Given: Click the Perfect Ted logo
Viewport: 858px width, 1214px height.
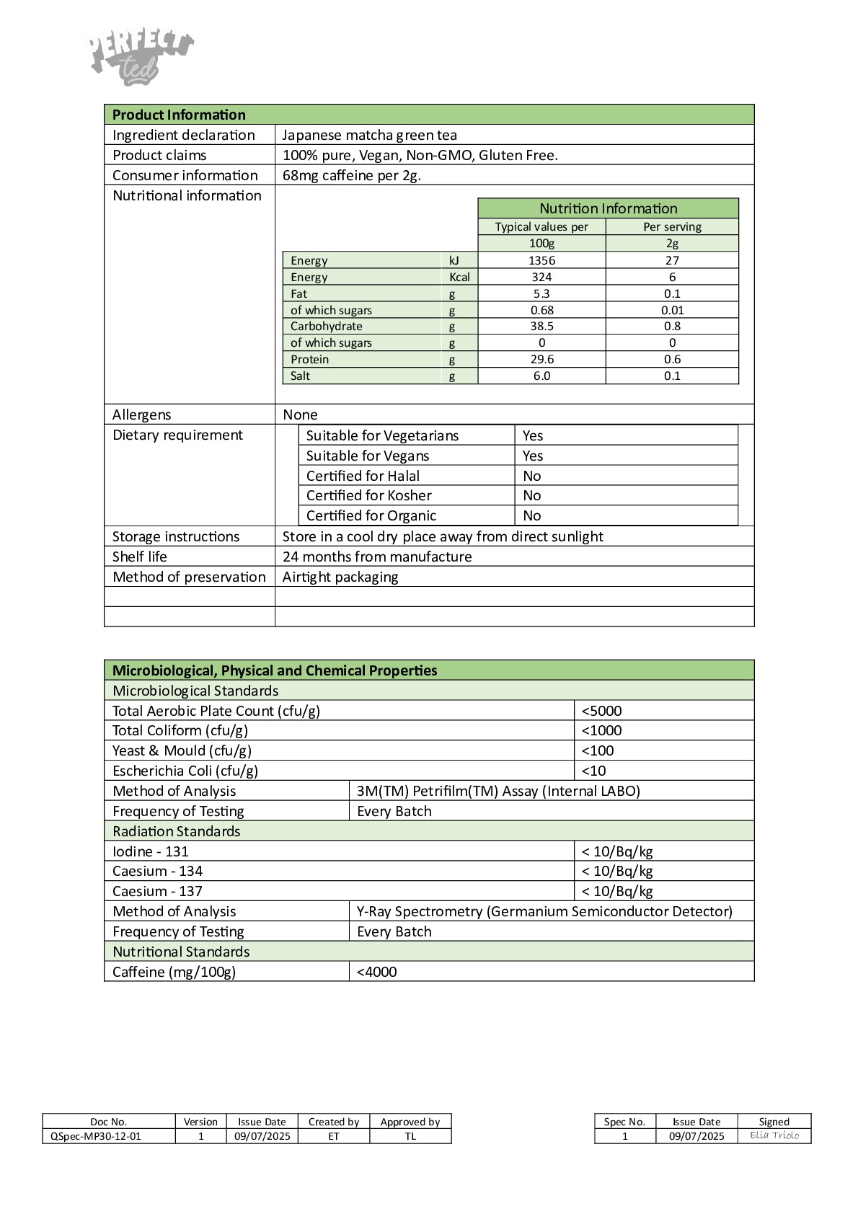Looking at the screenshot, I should point(141,58).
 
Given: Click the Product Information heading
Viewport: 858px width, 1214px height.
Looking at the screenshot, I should point(179,115).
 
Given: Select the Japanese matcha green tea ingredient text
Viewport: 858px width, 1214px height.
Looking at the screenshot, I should point(369,135).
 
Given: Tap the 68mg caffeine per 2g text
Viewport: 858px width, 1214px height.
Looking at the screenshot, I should point(352,175).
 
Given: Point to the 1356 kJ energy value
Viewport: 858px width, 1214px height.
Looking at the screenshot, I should point(541,260).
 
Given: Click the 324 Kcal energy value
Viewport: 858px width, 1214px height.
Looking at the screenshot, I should point(541,277).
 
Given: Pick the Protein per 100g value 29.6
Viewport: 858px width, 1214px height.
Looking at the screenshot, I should point(541,359).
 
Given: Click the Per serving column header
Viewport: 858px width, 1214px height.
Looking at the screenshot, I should point(672,226).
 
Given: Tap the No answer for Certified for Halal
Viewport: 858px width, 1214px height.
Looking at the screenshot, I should point(532,476).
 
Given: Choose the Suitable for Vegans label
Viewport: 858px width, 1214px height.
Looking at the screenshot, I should point(368,456).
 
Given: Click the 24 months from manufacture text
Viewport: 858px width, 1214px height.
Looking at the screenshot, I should point(377,557).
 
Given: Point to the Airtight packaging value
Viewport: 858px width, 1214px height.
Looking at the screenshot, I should point(340,577).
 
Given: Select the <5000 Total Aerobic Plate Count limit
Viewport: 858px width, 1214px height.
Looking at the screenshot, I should point(601,711).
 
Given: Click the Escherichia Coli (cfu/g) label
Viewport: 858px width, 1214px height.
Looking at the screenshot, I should point(185,771).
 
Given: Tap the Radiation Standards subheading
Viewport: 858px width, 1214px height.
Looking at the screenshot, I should point(177,831).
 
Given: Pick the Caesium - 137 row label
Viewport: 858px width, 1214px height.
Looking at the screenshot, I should point(157,891).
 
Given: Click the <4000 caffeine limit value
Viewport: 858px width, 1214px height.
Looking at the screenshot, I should point(376,972).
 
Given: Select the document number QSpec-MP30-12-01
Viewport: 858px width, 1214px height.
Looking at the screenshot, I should point(95,1136).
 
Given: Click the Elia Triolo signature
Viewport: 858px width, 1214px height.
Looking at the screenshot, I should point(774,1135).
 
